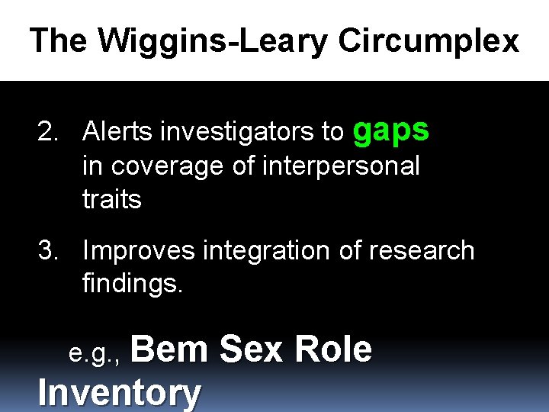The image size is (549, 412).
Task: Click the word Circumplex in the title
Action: pos(429,41)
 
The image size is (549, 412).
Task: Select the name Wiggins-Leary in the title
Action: pos(217,41)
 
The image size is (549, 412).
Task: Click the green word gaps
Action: pos(392,131)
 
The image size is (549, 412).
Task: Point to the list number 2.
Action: pos(50,132)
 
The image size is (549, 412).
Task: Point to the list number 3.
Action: pos(50,250)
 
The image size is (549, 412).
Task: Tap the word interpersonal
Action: pos(341,166)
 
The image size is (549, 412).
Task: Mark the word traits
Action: pos(111,199)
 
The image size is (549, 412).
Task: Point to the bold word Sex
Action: pos(252,349)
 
